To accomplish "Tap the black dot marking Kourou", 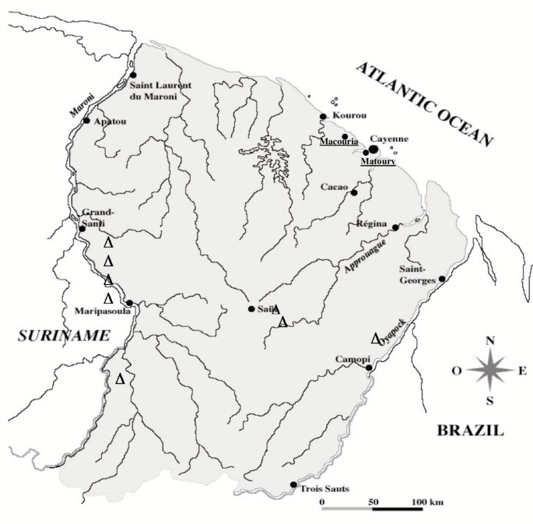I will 323,117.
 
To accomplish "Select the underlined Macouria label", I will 337,142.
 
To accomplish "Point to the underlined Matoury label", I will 377,162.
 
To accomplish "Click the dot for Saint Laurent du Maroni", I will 133,75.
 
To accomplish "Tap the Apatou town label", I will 109,122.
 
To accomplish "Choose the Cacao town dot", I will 354,192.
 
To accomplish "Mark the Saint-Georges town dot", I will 442,279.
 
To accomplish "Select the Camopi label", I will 348,360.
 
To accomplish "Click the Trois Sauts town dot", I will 293,484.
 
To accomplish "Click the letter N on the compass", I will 489,340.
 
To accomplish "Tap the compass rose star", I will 489,370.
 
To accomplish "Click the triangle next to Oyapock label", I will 375,338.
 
